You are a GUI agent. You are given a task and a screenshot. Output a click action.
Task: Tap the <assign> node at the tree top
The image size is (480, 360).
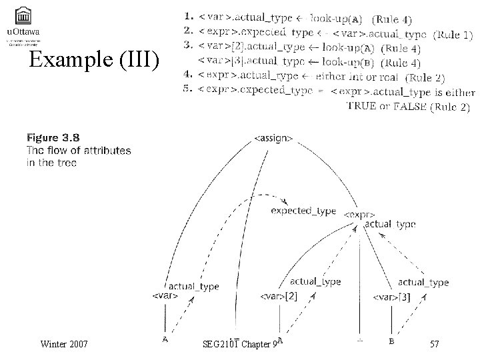(x=273, y=139)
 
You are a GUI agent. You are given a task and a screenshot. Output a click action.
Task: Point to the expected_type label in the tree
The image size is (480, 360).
(x=303, y=211)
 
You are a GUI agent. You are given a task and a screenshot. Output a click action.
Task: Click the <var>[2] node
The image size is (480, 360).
(x=279, y=295)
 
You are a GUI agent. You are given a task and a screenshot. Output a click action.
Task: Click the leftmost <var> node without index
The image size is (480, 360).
(x=165, y=295)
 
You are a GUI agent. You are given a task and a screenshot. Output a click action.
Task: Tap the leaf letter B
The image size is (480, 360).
(x=391, y=341)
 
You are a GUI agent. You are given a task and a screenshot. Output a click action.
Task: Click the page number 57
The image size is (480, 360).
(x=435, y=344)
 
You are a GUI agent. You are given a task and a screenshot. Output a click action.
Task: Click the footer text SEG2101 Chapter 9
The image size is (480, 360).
(x=239, y=344)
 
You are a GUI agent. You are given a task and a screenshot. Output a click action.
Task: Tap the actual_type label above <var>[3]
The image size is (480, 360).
(x=423, y=283)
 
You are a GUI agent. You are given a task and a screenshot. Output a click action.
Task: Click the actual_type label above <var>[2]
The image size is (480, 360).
(x=315, y=282)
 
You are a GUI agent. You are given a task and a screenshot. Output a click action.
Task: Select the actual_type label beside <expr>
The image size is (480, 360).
(x=391, y=224)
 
